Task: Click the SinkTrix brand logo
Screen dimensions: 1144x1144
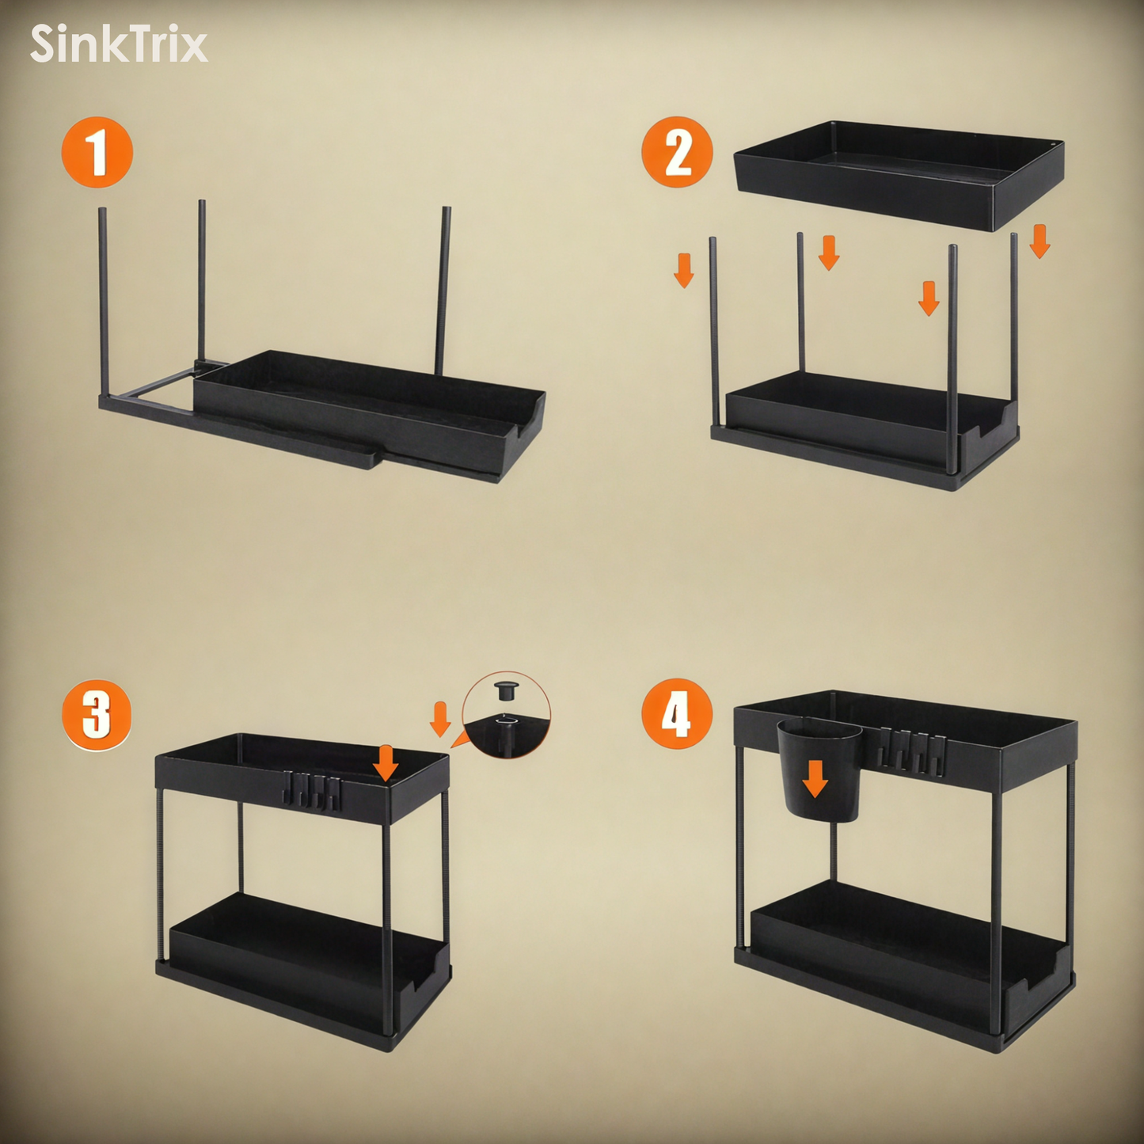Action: click(x=119, y=44)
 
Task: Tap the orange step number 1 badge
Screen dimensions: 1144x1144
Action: click(x=97, y=152)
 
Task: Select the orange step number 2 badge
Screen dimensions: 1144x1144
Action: click(x=677, y=152)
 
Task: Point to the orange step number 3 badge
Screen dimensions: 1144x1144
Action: click(x=97, y=715)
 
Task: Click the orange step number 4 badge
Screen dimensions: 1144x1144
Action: click(x=677, y=715)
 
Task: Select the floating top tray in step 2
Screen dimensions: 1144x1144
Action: click(x=899, y=174)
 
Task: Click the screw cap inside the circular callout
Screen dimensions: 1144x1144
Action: click(x=505, y=690)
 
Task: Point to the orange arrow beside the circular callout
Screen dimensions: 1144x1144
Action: click(x=440, y=719)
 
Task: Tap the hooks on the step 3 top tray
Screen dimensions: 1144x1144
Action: click(x=312, y=791)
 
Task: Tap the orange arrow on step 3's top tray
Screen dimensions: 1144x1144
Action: click(x=386, y=762)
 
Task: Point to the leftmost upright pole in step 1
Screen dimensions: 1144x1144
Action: click(x=103, y=301)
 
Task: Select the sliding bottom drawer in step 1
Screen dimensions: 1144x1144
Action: click(x=368, y=412)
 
